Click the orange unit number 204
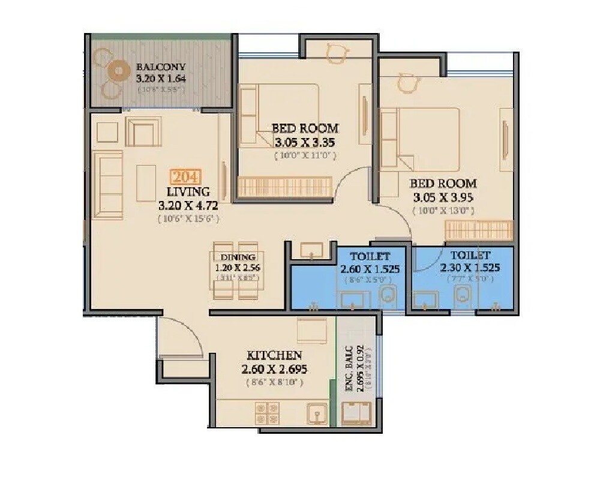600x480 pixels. point(186,178)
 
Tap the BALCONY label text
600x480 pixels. point(161,67)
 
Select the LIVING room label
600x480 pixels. point(188,192)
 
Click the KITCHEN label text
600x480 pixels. point(274,356)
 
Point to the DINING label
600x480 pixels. point(238,257)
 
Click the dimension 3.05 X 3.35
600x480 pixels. point(304,142)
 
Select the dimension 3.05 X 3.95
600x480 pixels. point(443,197)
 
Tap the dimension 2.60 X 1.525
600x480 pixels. point(370,269)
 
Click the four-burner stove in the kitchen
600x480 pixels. point(266,415)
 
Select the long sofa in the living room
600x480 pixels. point(107,184)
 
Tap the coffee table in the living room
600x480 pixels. point(146,182)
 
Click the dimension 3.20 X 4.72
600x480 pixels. point(188,206)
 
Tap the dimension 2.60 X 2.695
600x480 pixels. point(274,370)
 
